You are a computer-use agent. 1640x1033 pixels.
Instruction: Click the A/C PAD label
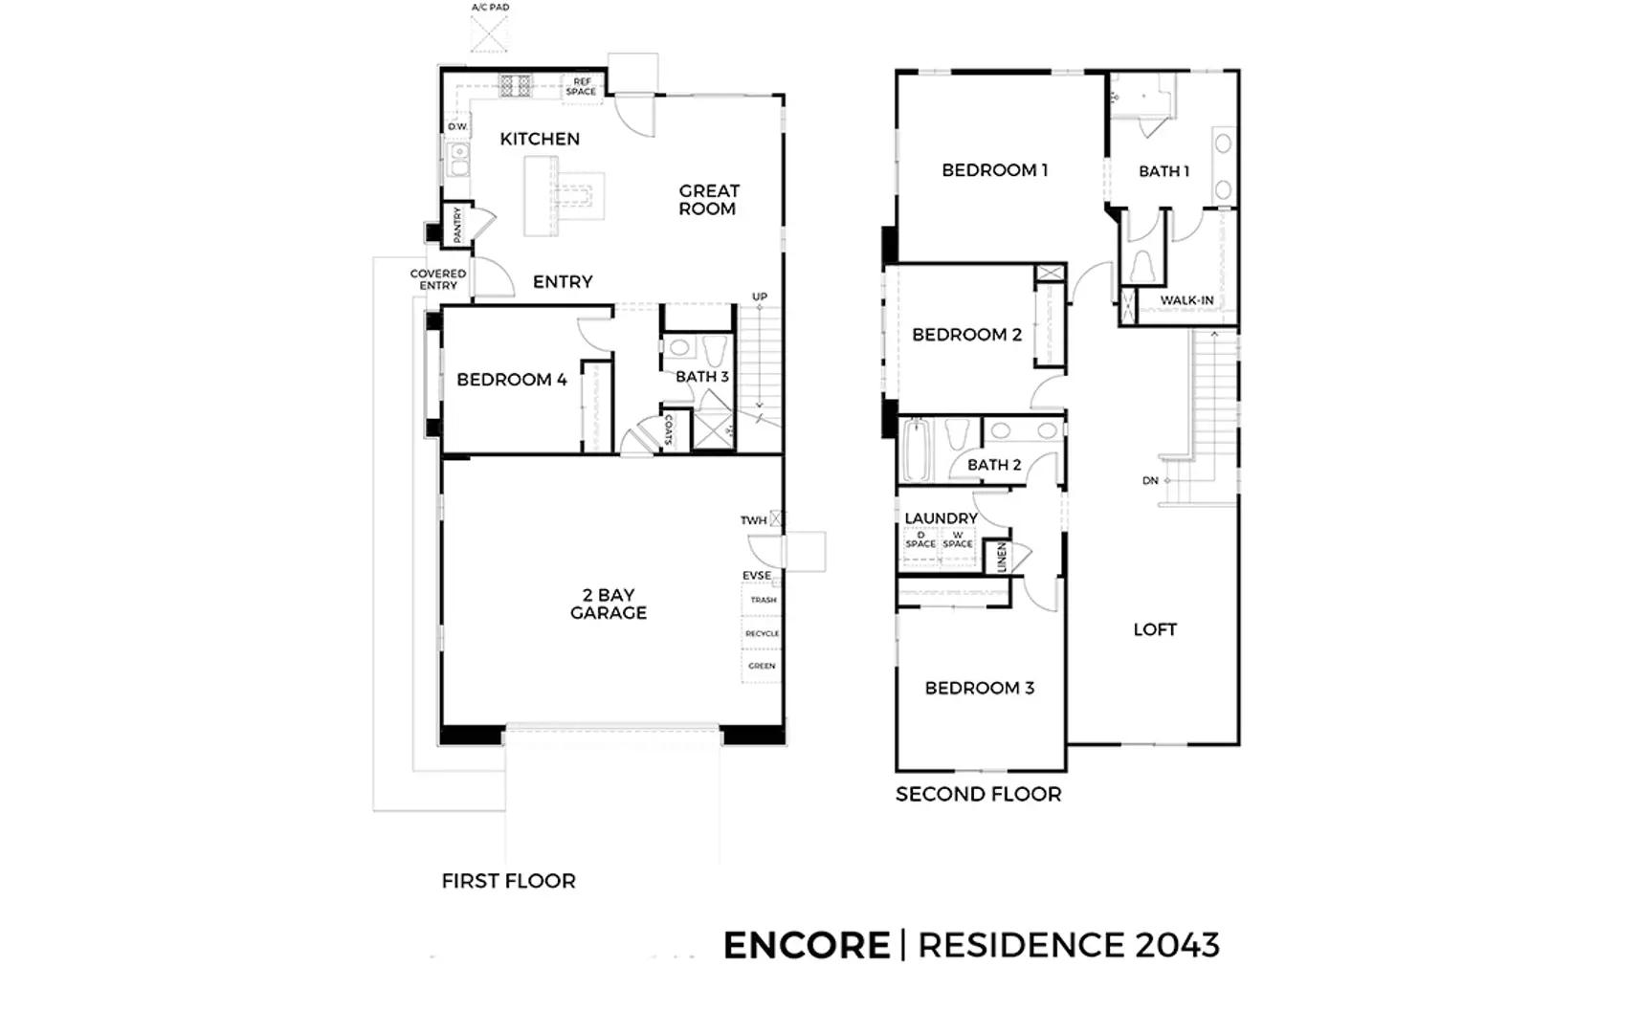coord(491,8)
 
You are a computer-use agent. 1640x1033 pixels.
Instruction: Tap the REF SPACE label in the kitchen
coord(582,86)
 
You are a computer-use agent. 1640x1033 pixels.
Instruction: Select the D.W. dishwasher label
coord(457,126)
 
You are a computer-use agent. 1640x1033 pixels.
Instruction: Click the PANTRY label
coord(457,225)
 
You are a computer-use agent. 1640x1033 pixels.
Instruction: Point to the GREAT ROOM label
coord(709,200)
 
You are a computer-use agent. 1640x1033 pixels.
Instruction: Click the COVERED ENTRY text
coord(438,279)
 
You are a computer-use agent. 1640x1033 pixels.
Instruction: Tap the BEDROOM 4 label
coord(512,379)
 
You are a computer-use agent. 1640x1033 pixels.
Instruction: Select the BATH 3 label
coord(702,376)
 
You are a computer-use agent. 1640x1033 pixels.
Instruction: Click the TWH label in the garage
coord(753,520)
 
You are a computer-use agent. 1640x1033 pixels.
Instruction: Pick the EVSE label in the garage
coord(756,576)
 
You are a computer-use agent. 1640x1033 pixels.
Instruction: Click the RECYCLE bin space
coord(762,633)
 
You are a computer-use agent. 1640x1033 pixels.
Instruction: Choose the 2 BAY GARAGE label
coord(609,604)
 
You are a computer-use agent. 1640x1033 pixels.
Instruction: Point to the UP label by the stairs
coord(759,297)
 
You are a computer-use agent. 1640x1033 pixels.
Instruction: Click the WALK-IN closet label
coord(1186,300)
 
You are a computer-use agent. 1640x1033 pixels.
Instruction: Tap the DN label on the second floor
coord(1150,481)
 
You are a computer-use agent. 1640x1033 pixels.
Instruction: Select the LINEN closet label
coord(1002,558)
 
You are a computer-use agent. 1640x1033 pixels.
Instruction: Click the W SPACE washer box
coord(958,545)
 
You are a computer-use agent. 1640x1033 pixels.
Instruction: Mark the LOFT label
coord(1155,629)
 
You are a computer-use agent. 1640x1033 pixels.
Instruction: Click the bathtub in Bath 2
coord(917,451)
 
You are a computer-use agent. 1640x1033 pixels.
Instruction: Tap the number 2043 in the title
coord(1177,945)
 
